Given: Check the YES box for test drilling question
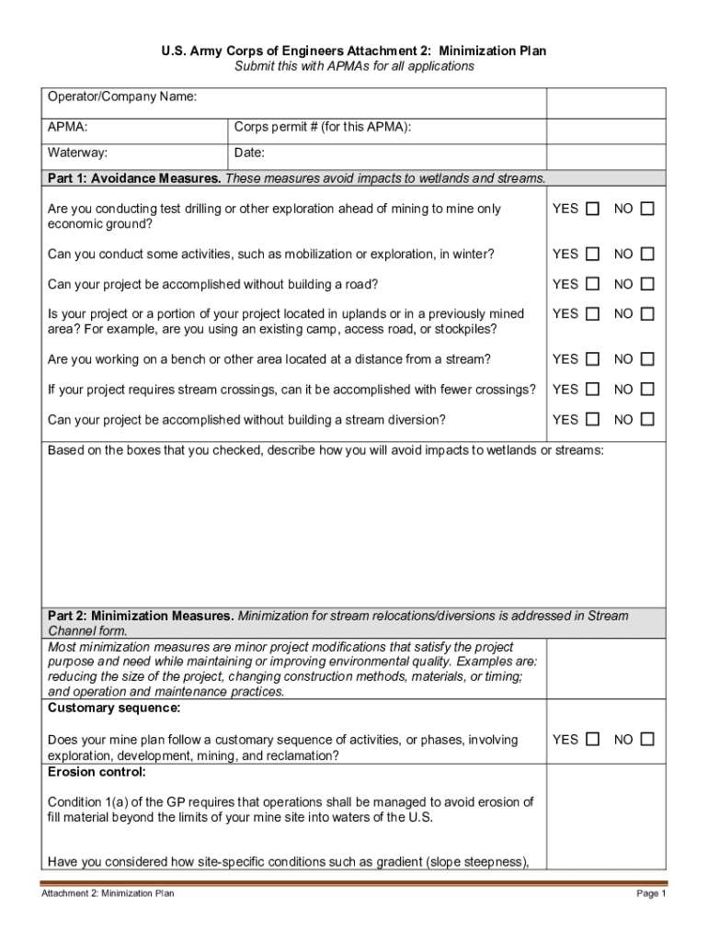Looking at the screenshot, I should pos(592,209).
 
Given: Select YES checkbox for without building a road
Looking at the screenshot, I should pos(592,284).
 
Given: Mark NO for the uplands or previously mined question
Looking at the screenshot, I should pos(647,313).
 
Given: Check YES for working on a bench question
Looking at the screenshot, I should pos(592,359).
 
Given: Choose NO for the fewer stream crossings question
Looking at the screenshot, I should pos(647,390).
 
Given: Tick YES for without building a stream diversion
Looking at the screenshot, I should pos(592,420).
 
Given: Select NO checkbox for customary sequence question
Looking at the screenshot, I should pos(647,740).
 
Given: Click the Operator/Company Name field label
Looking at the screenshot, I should pos(122,96).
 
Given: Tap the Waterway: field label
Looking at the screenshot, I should pos(78,153).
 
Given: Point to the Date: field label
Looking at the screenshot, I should pos(249,153).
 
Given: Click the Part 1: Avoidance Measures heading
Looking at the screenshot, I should pos(134,178).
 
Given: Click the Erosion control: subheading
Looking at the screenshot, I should pos(97,772).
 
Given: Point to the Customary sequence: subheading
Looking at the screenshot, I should pos(114,709).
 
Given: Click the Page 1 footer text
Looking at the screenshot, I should pos(650,893).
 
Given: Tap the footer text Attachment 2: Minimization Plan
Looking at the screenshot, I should pos(107,893).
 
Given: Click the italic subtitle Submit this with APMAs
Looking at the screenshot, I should pos(354,66).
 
